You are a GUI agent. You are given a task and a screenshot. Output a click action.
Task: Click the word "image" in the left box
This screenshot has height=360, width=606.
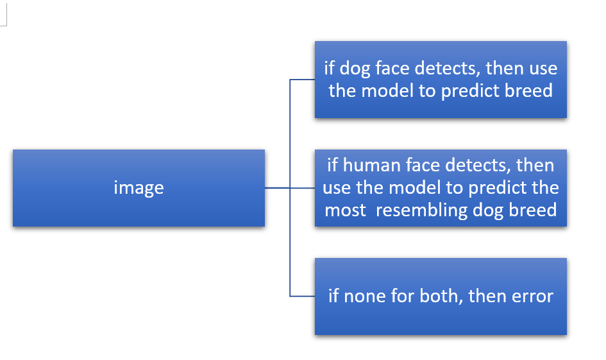point(139,188)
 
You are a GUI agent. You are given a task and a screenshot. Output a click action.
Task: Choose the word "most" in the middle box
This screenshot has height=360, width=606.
point(345,210)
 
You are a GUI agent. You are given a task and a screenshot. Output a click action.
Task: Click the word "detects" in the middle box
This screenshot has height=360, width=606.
point(478,165)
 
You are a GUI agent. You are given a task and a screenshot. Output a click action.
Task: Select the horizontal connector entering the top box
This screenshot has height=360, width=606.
point(302,80)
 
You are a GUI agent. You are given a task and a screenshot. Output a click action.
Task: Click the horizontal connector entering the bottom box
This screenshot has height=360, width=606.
point(302,296)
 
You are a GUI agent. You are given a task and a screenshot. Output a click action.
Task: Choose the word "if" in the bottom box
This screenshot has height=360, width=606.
point(333,296)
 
